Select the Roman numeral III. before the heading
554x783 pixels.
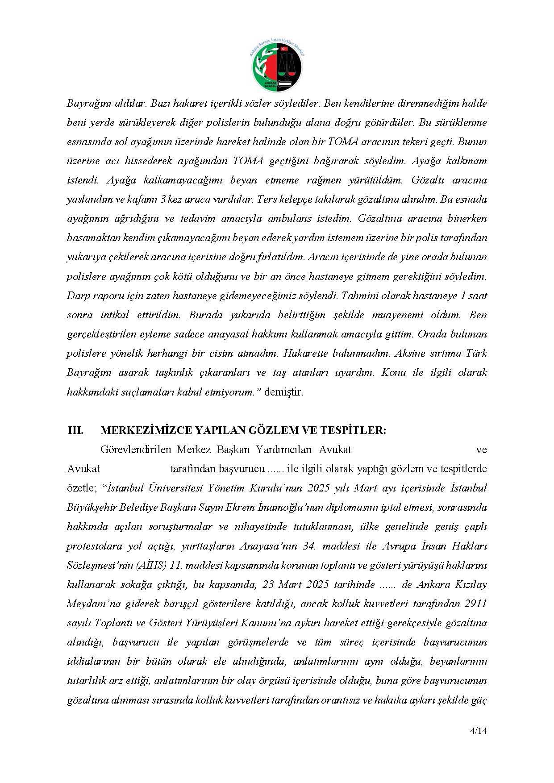pyautogui.click(x=75, y=430)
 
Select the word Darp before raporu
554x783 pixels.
pyautogui.click(x=78, y=296)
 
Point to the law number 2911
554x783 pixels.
pyautogui.click(x=475, y=604)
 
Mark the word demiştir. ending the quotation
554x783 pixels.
pyautogui.click(x=284, y=392)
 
